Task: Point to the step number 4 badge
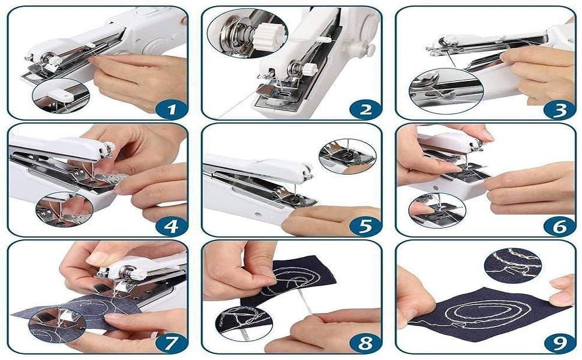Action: tap(170, 226)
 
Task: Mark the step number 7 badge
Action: tap(170, 343)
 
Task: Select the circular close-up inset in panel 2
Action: tap(247, 33)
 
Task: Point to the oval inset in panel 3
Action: tap(446, 90)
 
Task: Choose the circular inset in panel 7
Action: tap(57, 325)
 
